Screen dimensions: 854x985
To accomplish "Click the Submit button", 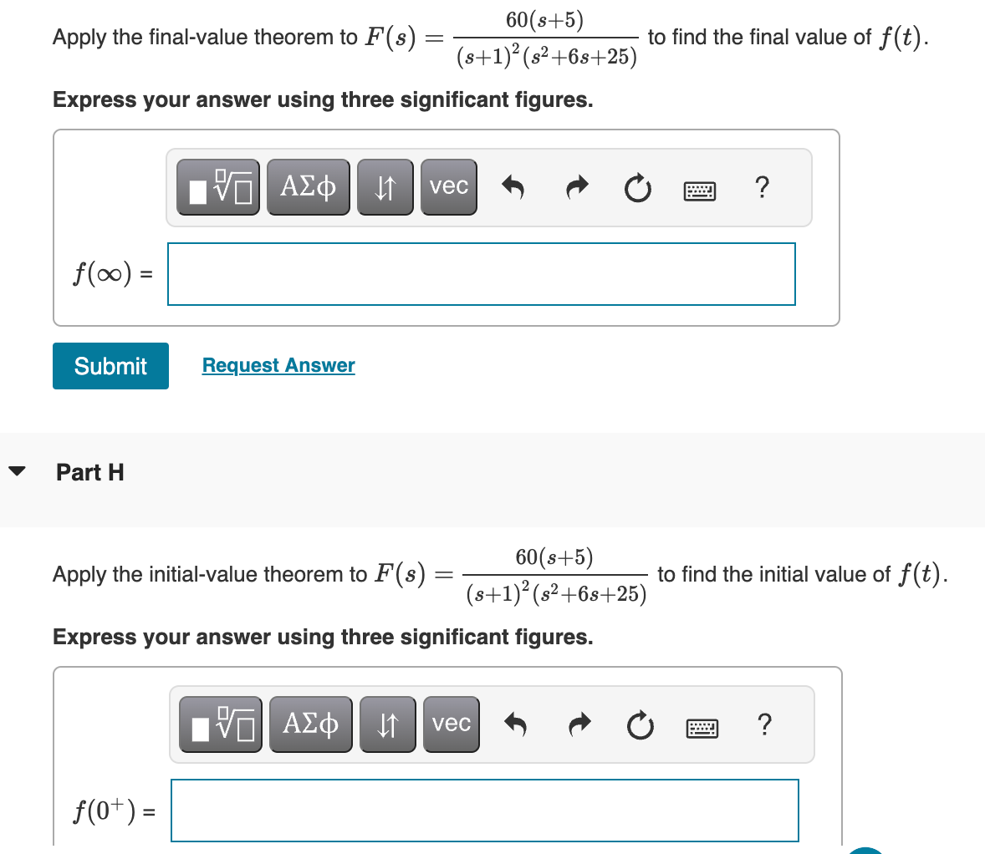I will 110,366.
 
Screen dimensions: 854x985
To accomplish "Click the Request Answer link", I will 278,365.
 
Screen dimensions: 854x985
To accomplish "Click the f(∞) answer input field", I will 481,274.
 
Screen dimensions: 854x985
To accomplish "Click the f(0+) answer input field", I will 484,811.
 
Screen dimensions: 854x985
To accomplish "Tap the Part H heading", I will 90,472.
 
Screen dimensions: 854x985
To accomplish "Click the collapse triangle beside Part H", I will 17,470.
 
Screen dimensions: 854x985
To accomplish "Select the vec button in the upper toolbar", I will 449,187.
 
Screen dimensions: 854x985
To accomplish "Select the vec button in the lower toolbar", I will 452,724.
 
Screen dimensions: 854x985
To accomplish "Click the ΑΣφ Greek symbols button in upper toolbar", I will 309,187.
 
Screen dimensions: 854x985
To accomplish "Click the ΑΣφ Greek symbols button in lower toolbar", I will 311,724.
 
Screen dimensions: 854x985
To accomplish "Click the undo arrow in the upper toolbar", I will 513,188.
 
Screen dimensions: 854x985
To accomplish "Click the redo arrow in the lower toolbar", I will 578,725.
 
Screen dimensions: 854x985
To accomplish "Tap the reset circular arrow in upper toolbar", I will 637,189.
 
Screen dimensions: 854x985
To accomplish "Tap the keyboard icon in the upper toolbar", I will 700,191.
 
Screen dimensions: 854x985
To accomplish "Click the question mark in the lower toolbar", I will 763,724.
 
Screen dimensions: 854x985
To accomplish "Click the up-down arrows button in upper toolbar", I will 385,187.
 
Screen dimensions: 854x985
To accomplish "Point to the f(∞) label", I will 103,274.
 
